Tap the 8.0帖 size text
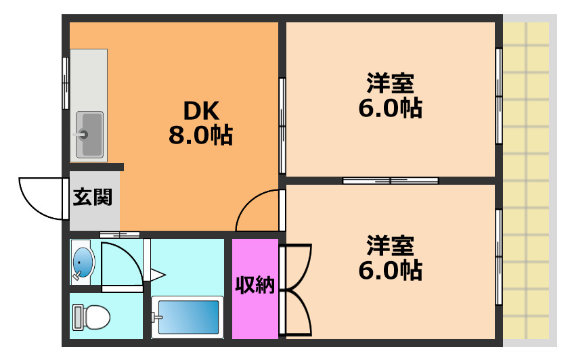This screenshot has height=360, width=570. click(200, 136)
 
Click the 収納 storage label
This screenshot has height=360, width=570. click(255, 286)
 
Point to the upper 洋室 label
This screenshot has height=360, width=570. click(390, 84)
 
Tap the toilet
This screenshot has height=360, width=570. click(91, 317)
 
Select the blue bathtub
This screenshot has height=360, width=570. click(188, 317)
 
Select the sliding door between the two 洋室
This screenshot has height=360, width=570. click(390, 181)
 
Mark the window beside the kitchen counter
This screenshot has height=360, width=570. click(66, 83)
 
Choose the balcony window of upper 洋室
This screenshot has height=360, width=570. click(499, 96)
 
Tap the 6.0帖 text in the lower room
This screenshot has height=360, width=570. click(390, 270)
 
